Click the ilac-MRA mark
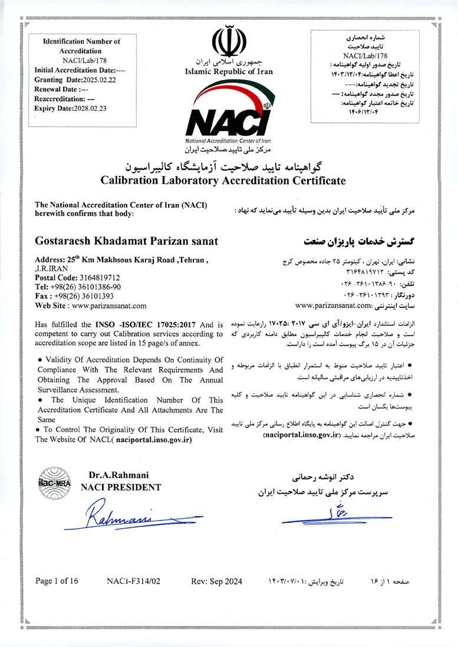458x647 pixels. coord(54,481)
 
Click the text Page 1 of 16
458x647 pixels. coord(57,581)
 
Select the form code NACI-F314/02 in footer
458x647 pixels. coord(134,581)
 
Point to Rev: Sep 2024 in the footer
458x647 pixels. coord(217,581)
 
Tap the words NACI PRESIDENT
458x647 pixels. coord(120,487)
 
